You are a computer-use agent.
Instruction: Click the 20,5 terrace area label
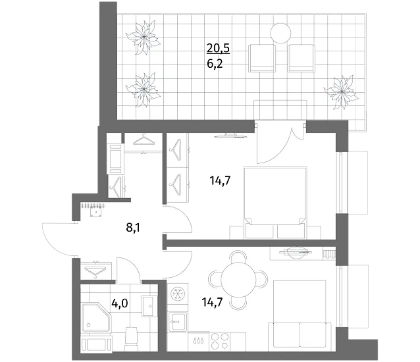218,48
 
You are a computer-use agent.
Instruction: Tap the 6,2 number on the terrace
215,64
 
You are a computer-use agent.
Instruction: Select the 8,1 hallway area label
134,228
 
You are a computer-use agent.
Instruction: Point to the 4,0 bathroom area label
120,303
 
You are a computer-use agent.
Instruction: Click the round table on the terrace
280,33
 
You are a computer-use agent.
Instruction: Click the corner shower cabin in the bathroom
96,317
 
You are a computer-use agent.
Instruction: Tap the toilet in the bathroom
132,338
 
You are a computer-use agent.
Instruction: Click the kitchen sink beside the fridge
178,321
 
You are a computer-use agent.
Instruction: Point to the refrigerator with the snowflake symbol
178,293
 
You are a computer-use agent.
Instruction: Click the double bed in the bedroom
275,203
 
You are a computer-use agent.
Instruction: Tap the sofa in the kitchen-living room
300,335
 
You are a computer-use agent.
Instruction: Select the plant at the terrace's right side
341,92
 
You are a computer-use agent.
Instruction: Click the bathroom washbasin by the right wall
147,306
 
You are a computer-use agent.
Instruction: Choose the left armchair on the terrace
262,59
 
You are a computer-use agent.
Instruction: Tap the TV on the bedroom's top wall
230,136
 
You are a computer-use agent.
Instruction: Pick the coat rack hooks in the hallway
93,205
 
